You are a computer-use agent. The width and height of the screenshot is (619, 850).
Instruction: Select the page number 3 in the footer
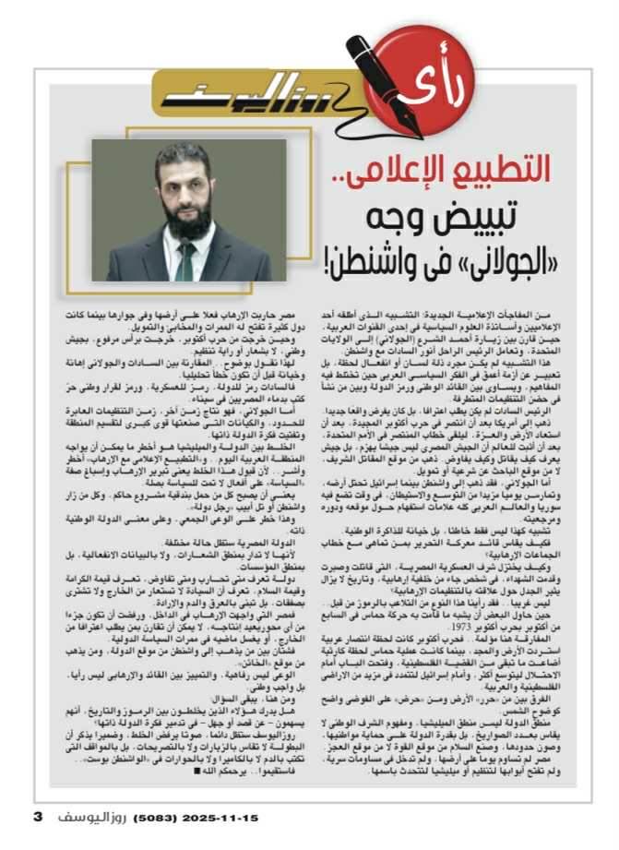point(37,817)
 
